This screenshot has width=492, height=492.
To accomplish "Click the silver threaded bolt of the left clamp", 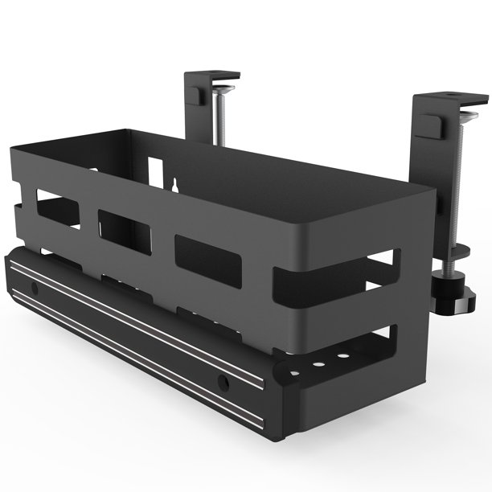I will pyautogui.click(x=223, y=113).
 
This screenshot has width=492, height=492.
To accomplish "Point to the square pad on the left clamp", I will pyautogui.click(x=195, y=93).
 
